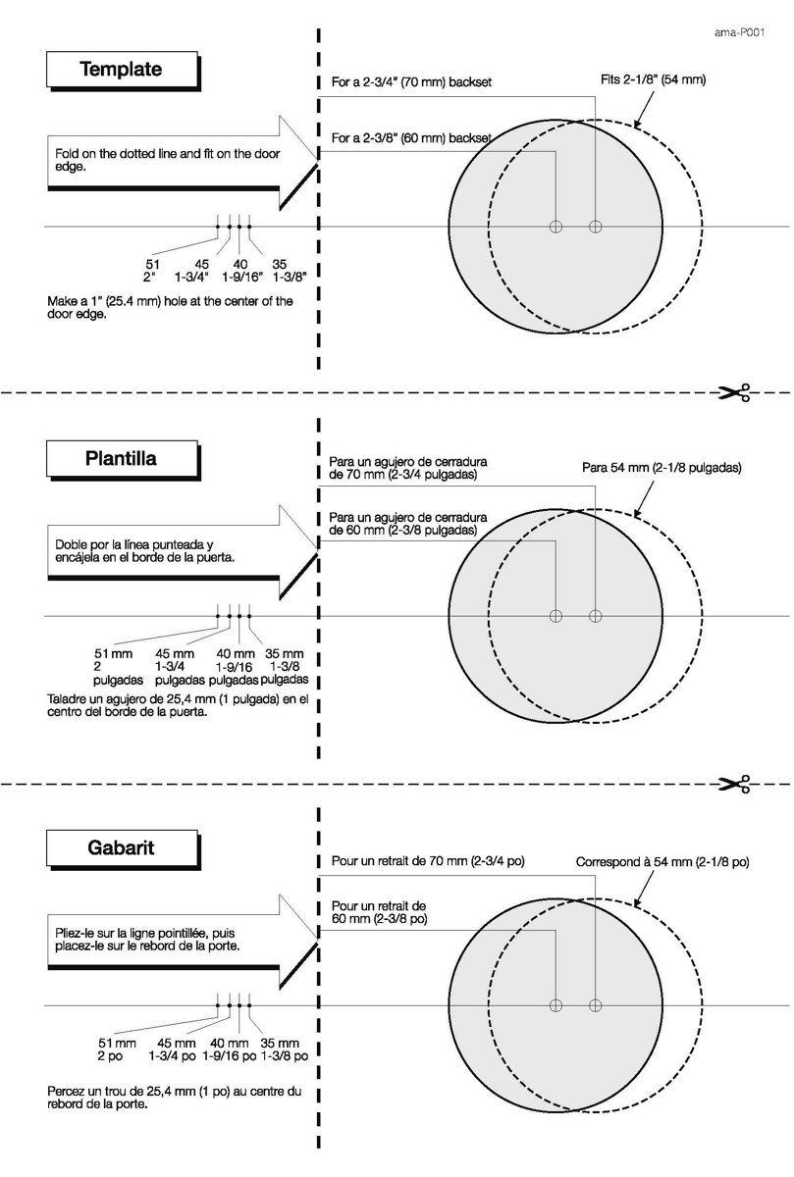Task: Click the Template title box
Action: coord(122,70)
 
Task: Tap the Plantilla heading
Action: coord(121,458)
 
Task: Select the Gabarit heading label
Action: coord(121,847)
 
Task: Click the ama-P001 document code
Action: coord(739,32)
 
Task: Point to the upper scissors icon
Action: coord(734,392)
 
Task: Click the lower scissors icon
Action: coord(734,784)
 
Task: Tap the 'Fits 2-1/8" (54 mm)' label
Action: coord(653,79)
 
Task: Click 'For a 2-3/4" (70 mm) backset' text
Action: coord(412,82)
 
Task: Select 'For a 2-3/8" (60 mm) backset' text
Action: coord(412,138)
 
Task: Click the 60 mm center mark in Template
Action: coord(556,227)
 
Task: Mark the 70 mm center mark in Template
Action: coord(595,227)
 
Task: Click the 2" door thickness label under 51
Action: coord(150,277)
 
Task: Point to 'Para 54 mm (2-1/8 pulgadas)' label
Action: coord(662,468)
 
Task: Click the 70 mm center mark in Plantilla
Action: coord(595,616)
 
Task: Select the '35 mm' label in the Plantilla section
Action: coord(285,654)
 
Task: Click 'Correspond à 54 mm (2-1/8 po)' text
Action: coord(662,862)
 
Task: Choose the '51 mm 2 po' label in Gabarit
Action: coord(117,1049)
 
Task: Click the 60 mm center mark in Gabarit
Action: coord(556,1005)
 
